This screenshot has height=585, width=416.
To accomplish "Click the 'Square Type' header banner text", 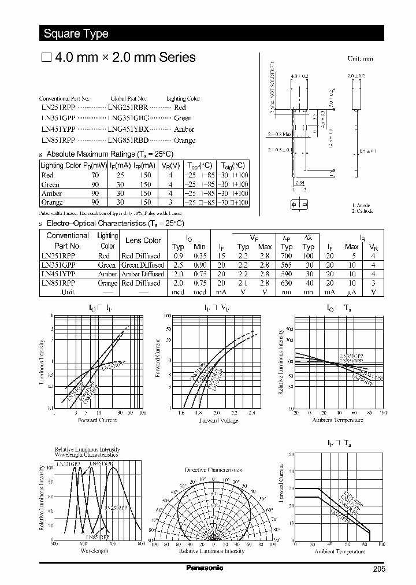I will pos(76,34).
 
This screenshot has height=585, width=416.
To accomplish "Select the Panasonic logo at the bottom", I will pos(205,568).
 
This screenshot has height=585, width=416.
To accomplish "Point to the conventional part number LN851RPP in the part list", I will pos(58,140).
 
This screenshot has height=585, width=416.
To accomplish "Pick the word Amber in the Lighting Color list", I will pos(184,129).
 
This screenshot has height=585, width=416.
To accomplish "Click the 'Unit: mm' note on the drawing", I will pos(360,59).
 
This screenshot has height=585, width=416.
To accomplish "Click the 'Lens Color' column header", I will pos(143,240).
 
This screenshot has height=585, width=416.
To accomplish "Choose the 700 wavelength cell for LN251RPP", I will pos(287,256).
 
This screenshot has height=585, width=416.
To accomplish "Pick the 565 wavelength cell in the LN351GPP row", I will pos(287,265).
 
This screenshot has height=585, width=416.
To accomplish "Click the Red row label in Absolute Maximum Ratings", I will pos(47,175).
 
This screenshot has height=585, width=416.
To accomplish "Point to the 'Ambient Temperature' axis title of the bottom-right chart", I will pos(339,551).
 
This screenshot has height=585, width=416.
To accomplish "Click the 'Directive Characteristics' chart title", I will pos(213,470).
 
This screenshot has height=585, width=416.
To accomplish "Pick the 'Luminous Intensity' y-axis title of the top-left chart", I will pos(42,362).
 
